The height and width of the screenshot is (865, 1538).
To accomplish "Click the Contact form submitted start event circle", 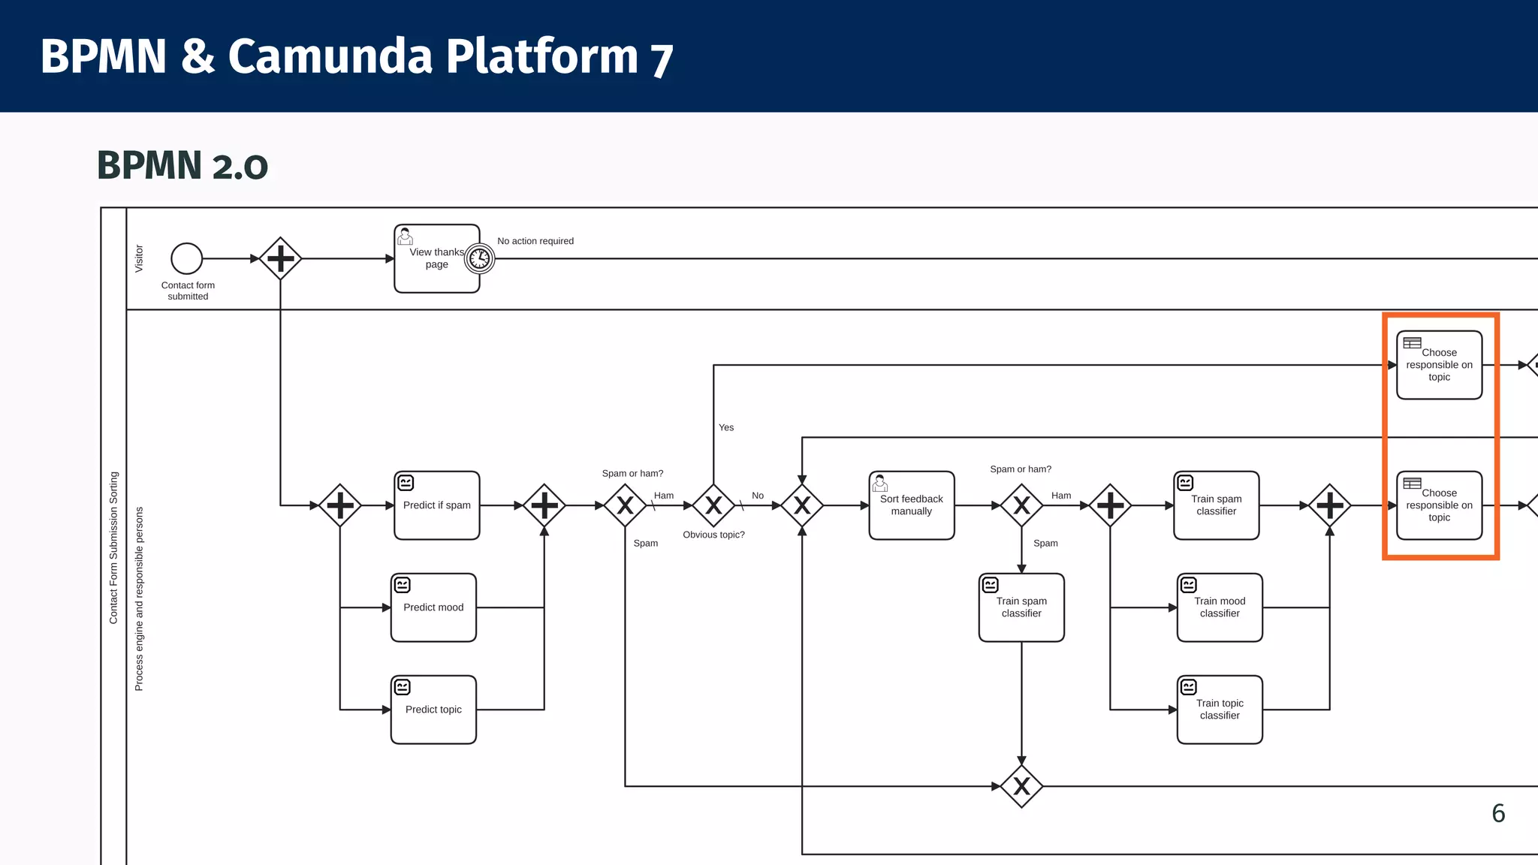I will pyautogui.click(x=186, y=258).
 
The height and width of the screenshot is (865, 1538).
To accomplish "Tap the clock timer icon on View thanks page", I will pyautogui.click(x=479, y=259).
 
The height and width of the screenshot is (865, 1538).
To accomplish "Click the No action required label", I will pyautogui.click(x=535, y=241).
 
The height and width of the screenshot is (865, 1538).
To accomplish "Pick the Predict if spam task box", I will pyautogui.click(x=436, y=505).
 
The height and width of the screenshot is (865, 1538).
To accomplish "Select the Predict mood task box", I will pyautogui.click(x=433, y=607).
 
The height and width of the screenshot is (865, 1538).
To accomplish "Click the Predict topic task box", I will pyautogui.click(x=433, y=710).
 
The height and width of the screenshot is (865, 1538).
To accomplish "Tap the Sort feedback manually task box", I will pyautogui.click(x=911, y=505).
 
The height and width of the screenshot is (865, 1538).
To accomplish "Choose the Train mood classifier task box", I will pyautogui.click(x=1220, y=607).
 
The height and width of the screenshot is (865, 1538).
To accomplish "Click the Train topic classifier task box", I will pyautogui.click(x=1220, y=710).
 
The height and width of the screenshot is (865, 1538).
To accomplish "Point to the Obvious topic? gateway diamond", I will pyautogui.click(x=713, y=505).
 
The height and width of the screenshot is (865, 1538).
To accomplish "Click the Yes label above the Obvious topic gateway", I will pyautogui.click(x=725, y=427).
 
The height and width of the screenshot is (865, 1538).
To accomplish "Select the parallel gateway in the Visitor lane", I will pyautogui.click(x=280, y=258).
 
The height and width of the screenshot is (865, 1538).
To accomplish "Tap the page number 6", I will pyautogui.click(x=1497, y=813).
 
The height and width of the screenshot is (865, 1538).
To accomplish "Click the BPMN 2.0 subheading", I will pyautogui.click(x=182, y=166).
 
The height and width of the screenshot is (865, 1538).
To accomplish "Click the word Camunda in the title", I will pyautogui.click(x=330, y=56).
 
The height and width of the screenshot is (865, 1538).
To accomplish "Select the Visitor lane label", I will pyautogui.click(x=139, y=258).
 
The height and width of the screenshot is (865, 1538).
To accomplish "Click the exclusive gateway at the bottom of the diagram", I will pyautogui.click(x=1021, y=786).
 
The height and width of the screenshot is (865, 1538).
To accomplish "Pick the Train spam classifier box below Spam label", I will pyautogui.click(x=1021, y=607).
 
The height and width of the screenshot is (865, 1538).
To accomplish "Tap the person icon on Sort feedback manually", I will pyautogui.click(x=880, y=483).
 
